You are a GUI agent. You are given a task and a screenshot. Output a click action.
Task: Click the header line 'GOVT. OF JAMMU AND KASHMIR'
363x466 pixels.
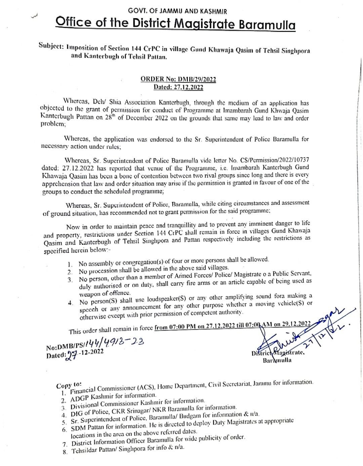[177, 11]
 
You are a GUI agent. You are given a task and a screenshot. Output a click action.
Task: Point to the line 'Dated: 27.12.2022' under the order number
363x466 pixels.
[178, 87]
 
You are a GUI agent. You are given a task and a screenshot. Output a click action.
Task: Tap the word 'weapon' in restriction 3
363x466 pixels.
[89, 293]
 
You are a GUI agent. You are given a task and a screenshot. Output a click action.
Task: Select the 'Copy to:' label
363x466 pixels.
[69, 385]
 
